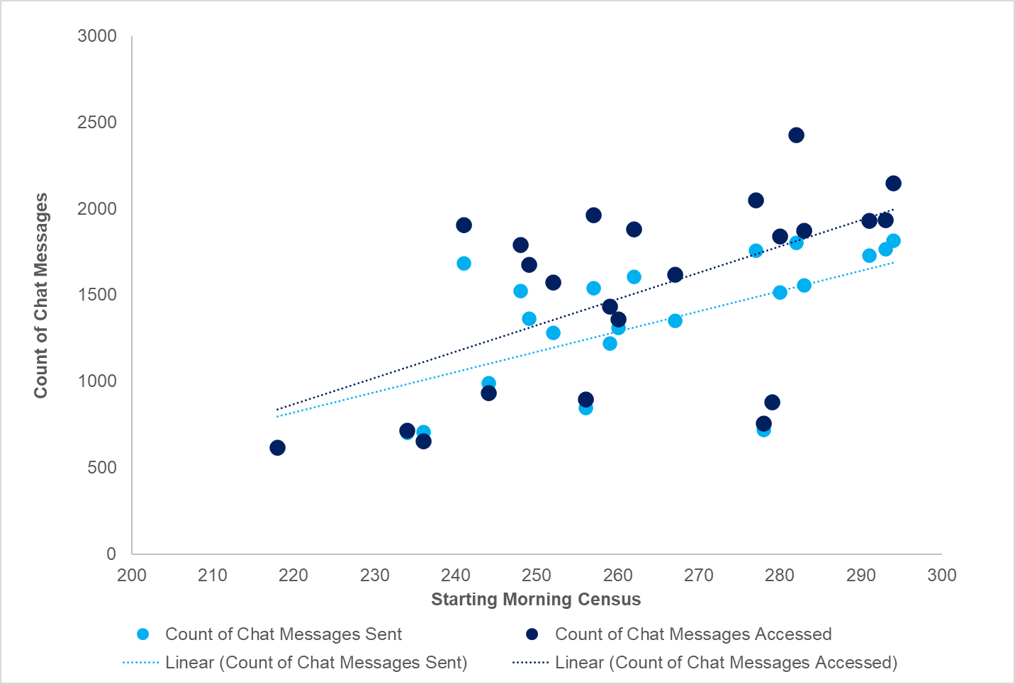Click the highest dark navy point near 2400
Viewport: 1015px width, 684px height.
click(796, 135)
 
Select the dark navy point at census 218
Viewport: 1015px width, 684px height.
click(277, 448)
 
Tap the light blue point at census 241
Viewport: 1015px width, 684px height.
click(464, 264)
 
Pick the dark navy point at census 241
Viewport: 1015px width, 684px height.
click(464, 225)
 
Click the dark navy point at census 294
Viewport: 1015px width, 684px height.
click(893, 184)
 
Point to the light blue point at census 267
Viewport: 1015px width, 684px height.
click(675, 321)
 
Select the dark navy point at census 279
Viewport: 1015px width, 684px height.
click(772, 403)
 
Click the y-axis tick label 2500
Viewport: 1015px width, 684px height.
click(97, 123)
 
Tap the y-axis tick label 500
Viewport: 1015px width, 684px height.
click(102, 468)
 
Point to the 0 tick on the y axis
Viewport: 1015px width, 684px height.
click(111, 554)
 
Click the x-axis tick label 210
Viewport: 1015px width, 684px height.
click(213, 576)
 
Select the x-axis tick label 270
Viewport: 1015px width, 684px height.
click(699, 576)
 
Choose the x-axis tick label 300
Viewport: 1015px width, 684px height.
click(941, 576)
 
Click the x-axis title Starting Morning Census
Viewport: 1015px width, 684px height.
click(536, 600)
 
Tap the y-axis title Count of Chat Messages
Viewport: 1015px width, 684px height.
click(41, 295)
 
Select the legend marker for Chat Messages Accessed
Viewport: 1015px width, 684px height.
click(532, 634)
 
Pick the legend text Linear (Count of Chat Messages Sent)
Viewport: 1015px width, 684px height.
click(316, 663)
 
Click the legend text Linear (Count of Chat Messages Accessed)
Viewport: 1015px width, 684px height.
click(726, 663)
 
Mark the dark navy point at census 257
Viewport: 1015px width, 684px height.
click(593, 215)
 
